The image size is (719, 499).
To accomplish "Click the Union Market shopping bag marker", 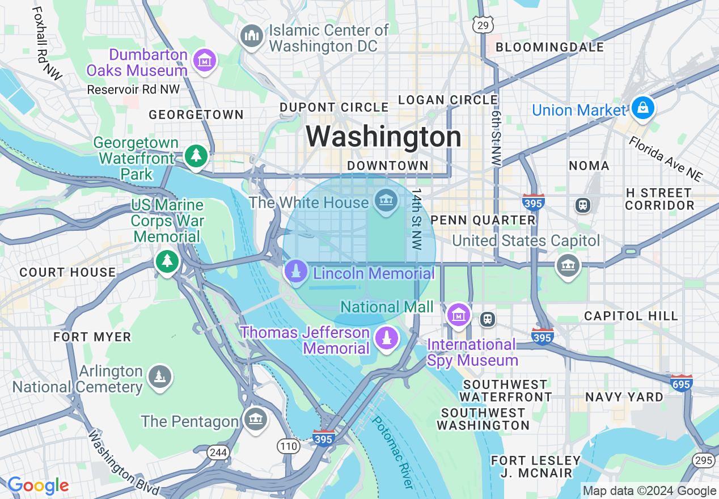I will click(642, 108).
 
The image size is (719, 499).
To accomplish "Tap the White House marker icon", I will click(386, 201).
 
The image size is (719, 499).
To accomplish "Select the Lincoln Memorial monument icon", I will click(295, 273).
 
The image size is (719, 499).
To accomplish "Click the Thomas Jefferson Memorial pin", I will click(386, 339).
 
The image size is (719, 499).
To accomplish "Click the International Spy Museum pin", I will click(458, 314).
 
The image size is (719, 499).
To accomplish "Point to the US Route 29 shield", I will click(483, 24).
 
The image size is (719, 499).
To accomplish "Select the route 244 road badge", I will click(218, 452).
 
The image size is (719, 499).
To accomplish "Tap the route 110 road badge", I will click(289, 446).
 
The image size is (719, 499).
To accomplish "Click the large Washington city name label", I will click(384, 137).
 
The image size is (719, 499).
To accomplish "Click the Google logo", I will click(38, 486).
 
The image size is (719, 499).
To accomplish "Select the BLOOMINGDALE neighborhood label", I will click(549, 48).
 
